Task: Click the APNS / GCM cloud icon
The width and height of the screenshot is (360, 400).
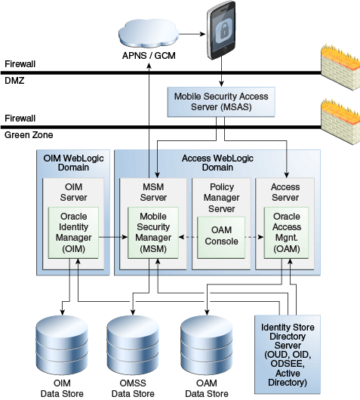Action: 149,33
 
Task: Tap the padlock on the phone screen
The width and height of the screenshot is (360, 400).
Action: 223,31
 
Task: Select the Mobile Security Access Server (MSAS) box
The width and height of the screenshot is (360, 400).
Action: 221,102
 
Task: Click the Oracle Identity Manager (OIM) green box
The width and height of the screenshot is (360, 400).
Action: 73,232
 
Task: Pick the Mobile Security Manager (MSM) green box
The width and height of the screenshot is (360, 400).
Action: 153,232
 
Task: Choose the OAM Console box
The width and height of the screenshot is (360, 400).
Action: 221,238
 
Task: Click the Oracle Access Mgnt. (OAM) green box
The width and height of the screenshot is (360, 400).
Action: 287,232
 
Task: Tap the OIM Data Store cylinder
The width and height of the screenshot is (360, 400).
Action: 62,345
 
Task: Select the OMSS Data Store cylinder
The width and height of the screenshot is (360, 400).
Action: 133,345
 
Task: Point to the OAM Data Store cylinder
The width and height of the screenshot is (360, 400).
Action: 206,345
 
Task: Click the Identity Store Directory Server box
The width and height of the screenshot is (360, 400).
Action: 288,355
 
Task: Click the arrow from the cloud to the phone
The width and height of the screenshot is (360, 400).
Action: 192,34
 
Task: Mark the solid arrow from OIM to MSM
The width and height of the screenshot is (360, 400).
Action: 113,237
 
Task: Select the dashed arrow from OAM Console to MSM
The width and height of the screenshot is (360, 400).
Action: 188,237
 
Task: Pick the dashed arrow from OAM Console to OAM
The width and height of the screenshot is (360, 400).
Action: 254,237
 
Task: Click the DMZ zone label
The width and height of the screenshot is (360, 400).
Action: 14,81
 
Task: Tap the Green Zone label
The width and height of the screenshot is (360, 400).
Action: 29,135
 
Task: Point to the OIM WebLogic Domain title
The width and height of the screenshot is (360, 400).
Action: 73,163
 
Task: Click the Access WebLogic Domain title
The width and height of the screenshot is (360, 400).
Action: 217,163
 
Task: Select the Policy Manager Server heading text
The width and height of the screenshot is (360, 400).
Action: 221,198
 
